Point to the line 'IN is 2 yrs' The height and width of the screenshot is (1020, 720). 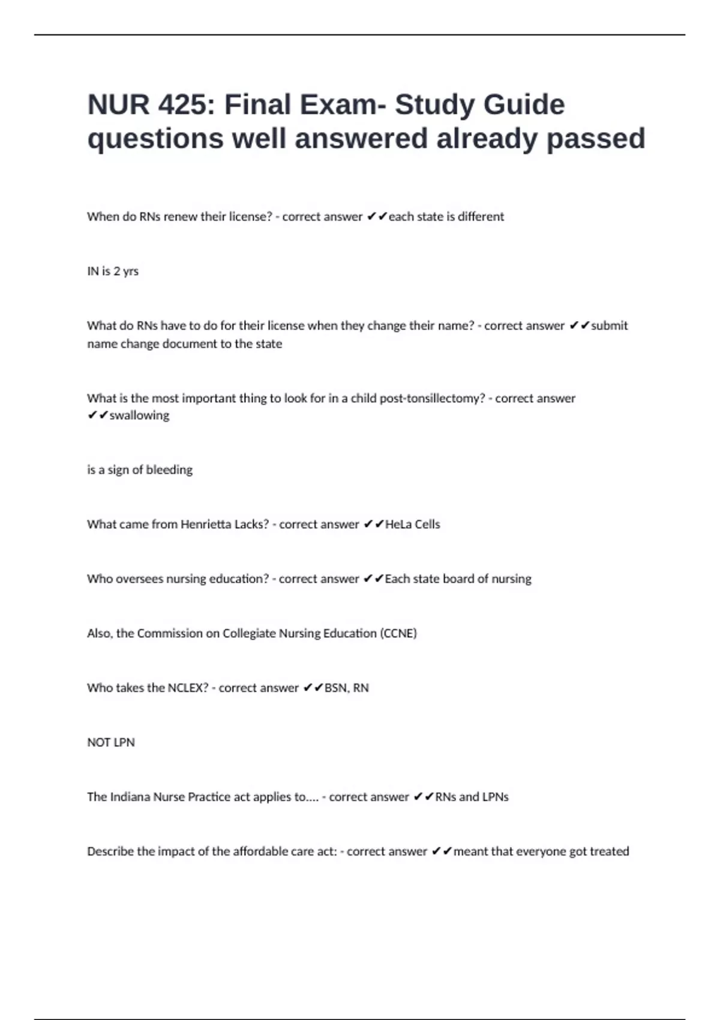(113, 271)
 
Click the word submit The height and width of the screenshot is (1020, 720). (609, 326)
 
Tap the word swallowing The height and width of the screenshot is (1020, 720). (139, 415)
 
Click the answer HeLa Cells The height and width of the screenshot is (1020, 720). (412, 524)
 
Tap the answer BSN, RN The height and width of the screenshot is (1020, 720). (346, 688)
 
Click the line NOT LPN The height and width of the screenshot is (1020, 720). (111, 743)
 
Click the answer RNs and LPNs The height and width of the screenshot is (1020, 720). (472, 797)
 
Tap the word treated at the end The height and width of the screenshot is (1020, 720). (609, 852)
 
